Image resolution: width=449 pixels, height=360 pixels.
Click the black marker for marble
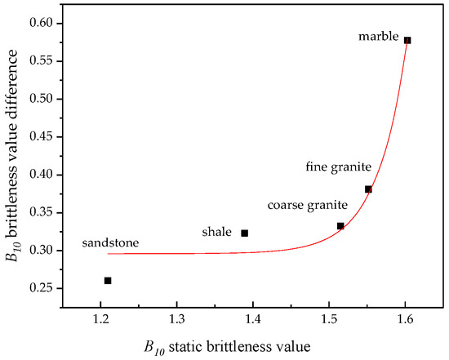pyautogui.click(x=407, y=40)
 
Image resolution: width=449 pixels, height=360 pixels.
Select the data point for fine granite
pyautogui.click(x=368, y=189)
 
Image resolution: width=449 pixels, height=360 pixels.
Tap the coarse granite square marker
pyautogui.click(x=340, y=226)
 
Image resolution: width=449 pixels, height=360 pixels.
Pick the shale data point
pyautogui.click(x=244, y=233)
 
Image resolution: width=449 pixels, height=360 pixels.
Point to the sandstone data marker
pyautogui.click(x=108, y=280)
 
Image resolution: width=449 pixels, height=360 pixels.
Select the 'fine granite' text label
pyautogui.click(x=339, y=167)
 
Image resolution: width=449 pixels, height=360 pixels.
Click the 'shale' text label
pyautogui.click(x=217, y=233)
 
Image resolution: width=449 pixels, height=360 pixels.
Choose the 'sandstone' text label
pyautogui.click(x=110, y=243)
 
